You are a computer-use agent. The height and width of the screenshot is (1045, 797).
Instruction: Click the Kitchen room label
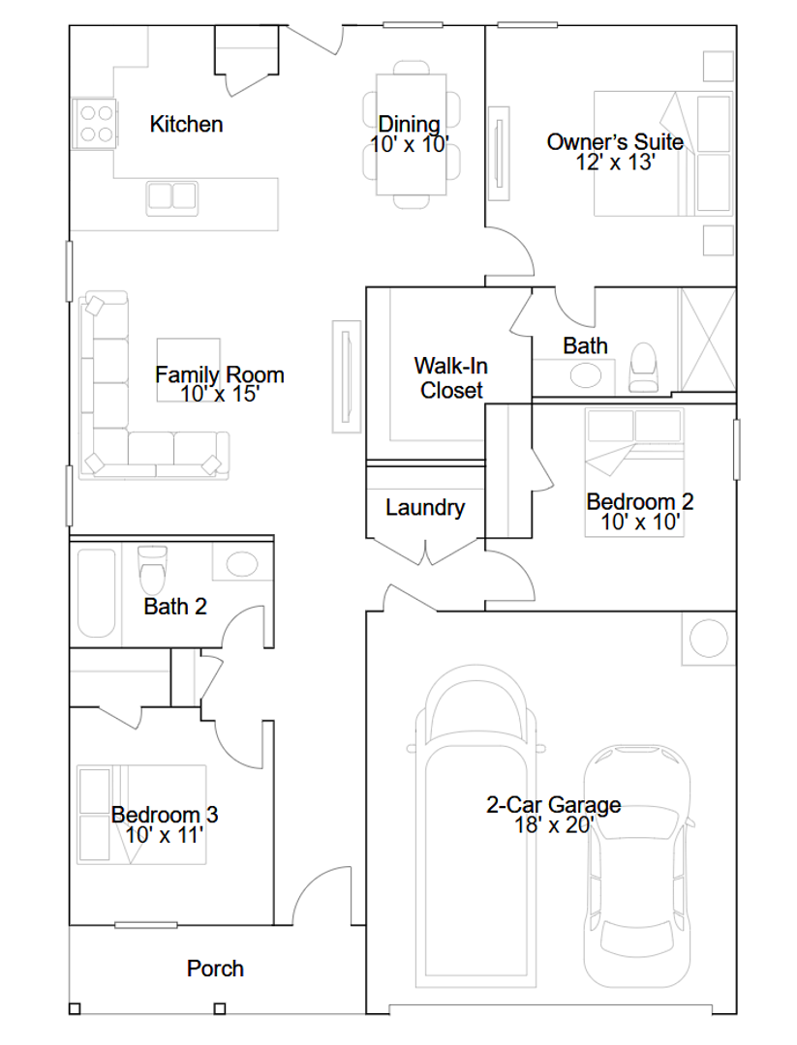coord(186,124)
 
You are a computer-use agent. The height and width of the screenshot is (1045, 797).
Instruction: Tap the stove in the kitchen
coord(95,124)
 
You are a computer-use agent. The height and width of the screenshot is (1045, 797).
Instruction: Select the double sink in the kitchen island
coord(172,196)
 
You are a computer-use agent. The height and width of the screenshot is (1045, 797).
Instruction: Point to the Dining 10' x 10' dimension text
coord(410,144)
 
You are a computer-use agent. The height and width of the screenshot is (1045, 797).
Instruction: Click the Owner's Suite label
coord(615,142)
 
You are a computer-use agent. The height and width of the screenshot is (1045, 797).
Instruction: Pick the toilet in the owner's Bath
coord(644,368)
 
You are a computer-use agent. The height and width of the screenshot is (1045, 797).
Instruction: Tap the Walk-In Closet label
coord(451,378)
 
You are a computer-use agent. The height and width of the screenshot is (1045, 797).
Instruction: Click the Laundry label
coord(425,508)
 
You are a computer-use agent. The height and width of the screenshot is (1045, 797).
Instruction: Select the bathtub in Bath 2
coord(97,592)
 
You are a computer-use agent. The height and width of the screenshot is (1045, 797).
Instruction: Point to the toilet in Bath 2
coord(153,570)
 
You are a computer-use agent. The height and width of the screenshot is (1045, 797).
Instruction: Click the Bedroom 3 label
coord(165,815)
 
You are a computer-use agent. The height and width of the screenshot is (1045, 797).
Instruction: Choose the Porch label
coord(215,969)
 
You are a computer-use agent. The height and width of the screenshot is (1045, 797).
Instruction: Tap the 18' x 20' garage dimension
coord(554,825)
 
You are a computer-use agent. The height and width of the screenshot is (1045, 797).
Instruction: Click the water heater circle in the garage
coord(708,639)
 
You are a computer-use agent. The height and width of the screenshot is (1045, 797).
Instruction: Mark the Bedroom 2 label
coord(639,502)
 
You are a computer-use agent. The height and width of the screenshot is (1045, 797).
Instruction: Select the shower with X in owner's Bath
coord(708,340)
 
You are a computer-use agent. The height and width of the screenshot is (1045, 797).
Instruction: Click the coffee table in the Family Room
coord(189,370)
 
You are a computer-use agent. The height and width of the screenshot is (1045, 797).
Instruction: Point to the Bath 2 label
coord(175,607)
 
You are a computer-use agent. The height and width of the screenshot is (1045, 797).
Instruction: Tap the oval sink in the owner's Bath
coord(586,375)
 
